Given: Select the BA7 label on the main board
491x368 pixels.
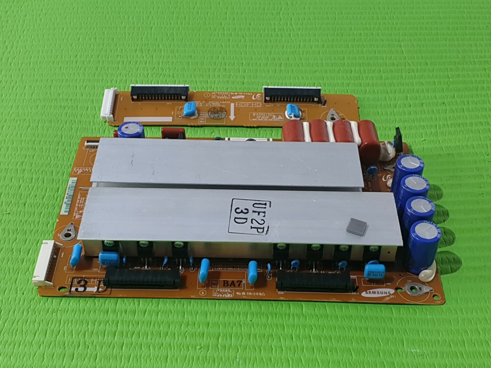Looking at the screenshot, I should pos(232,283).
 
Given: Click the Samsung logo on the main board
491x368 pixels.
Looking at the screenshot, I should pos(378,293).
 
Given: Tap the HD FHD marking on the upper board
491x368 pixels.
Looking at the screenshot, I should pos(249,105).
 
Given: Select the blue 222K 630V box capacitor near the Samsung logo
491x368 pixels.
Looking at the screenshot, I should pos(373,271).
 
